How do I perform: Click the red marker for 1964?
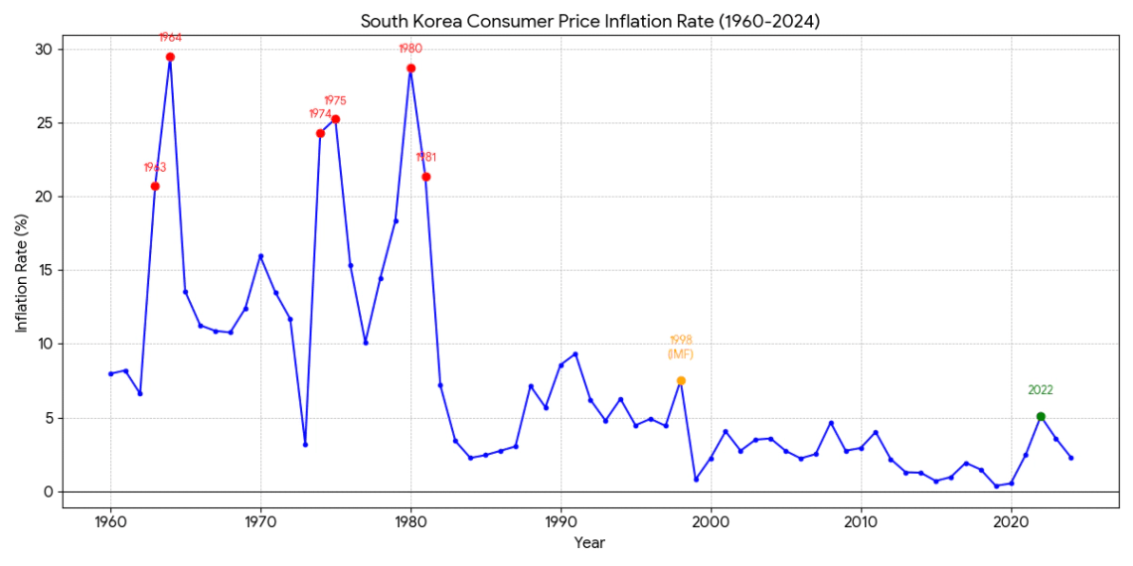click(170, 57)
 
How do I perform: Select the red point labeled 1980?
click(410, 69)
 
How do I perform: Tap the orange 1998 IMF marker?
click(681, 380)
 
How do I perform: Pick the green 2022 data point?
click(1041, 416)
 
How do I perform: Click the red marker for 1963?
click(155, 186)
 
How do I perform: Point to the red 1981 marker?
click(425, 177)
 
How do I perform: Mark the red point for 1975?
click(335, 119)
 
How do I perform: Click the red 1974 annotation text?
click(320, 114)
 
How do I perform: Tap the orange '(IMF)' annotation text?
click(681, 354)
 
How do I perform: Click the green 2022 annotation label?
click(1041, 390)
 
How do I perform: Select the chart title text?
click(590, 21)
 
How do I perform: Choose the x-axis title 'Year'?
click(589, 543)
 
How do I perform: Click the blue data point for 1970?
click(260, 256)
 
